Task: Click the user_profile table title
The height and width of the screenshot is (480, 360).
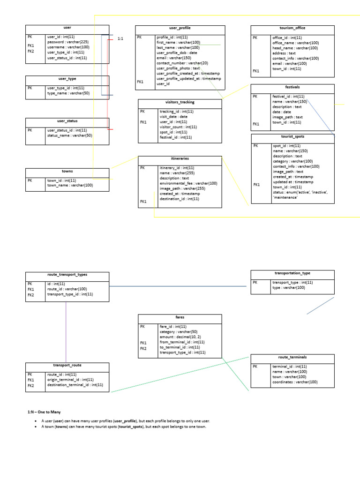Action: coord(180,29)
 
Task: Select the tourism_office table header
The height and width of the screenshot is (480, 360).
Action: coord(292,29)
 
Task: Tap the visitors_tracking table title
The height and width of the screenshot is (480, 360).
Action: coord(180,102)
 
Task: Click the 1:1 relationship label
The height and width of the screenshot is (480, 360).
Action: coord(120,38)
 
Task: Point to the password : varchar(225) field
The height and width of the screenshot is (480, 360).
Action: coord(67,42)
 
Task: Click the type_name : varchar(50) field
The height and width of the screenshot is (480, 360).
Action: coord(68,93)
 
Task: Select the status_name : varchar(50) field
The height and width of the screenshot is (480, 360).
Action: coord(69,135)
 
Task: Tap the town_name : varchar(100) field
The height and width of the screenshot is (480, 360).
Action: coord(70,185)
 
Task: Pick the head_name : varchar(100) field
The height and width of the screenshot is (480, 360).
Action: coord(295,48)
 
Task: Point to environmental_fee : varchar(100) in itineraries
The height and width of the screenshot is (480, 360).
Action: coord(188,183)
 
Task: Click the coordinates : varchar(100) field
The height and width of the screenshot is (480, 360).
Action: coord(295,382)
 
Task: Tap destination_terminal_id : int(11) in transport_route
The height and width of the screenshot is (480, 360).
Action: coord(75,385)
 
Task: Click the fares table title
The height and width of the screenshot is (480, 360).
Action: coord(180,317)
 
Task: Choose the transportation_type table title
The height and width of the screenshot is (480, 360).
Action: coord(292,273)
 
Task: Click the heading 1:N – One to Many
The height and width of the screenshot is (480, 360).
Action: coord(44,412)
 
